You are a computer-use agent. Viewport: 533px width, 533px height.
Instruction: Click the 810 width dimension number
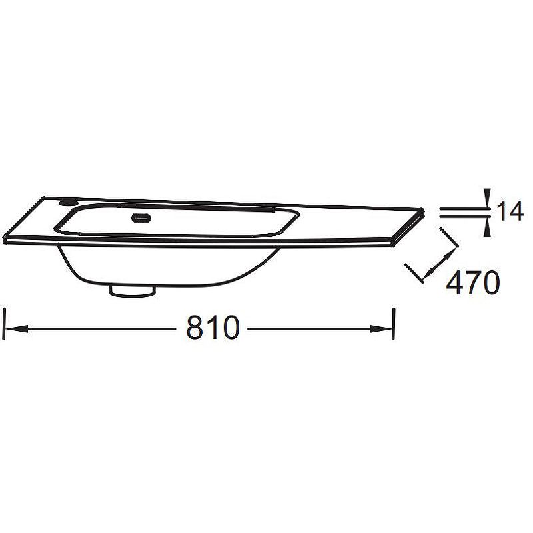(213, 327)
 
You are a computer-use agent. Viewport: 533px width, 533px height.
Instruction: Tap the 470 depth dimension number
(473, 282)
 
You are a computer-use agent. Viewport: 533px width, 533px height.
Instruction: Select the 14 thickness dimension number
(510, 211)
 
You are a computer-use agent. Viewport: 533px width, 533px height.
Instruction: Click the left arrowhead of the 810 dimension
(17, 328)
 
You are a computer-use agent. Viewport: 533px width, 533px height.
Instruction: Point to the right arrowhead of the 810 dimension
(380, 328)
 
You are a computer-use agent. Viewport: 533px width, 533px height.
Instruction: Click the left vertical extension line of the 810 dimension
(4, 324)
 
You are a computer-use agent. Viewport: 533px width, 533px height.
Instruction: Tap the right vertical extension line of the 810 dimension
(394, 324)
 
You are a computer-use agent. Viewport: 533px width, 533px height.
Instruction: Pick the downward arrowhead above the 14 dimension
(488, 198)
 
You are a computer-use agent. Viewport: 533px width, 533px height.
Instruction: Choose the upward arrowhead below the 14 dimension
(488, 226)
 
